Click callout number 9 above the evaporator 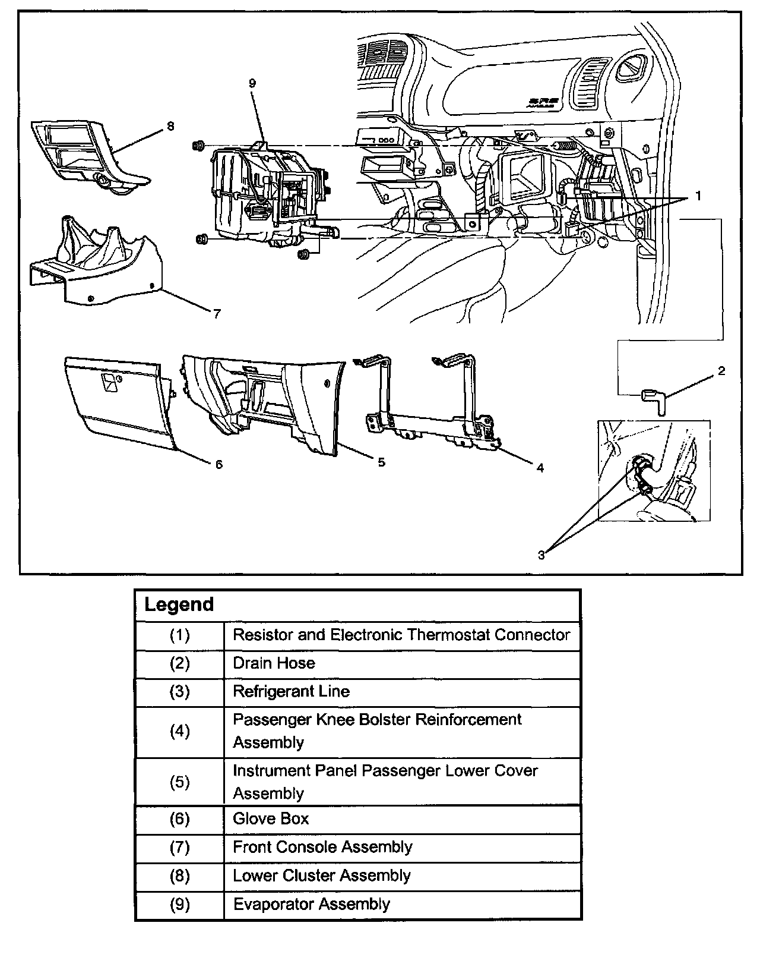point(252,83)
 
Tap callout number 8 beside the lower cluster point(170,126)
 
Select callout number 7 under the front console point(217,314)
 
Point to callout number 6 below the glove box point(219,464)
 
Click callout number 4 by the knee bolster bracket point(540,468)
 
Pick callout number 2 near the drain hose point(721,371)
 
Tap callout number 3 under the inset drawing point(541,555)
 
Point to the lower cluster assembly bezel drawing point(89,155)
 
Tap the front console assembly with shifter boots point(95,262)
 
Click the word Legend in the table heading point(179,604)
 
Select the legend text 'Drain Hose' point(274,663)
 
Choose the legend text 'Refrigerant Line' point(291,691)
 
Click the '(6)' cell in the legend point(179,818)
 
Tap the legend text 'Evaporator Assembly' point(311,904)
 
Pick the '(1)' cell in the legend point(179,635)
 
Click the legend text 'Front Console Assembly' point(322,847)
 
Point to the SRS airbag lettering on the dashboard point(543,103)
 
